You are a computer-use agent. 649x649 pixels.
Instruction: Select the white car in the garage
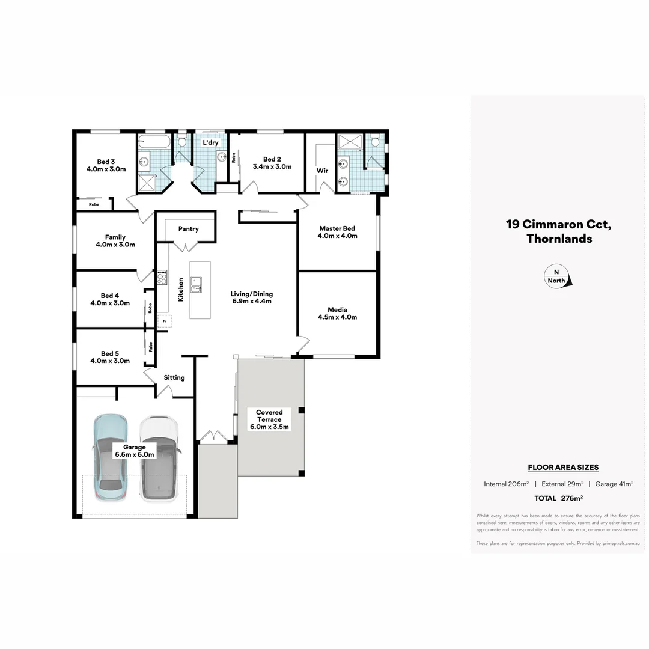(x=159, y=460)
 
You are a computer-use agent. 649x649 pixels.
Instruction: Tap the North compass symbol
(x=558, y=276)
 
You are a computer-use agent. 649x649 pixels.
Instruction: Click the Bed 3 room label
(x=106, y=162)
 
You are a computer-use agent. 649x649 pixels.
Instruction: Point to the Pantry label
(x=189, y=229)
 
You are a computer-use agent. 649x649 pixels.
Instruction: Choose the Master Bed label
(x=337, y=228)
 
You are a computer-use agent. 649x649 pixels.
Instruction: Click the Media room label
(x=337, y=310)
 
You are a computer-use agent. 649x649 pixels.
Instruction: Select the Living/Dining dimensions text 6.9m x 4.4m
(x=252, y=301)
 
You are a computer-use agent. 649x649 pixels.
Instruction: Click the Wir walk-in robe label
(x=322, y=171)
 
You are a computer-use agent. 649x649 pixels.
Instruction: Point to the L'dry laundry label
(x=210, y=142)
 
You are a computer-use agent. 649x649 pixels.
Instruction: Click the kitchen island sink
(x=196, y=284)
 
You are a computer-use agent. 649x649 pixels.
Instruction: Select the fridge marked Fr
(x=163, y=321)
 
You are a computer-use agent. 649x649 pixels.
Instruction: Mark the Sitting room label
(x=175, y=377)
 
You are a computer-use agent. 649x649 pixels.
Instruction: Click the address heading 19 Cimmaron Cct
(x=559, y=225)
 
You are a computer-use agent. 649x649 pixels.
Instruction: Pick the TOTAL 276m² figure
(x=559, y=498)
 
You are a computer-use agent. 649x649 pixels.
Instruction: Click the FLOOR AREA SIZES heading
(x=563, y=467)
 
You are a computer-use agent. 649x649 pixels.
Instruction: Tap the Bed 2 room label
(x=272, y=159)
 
